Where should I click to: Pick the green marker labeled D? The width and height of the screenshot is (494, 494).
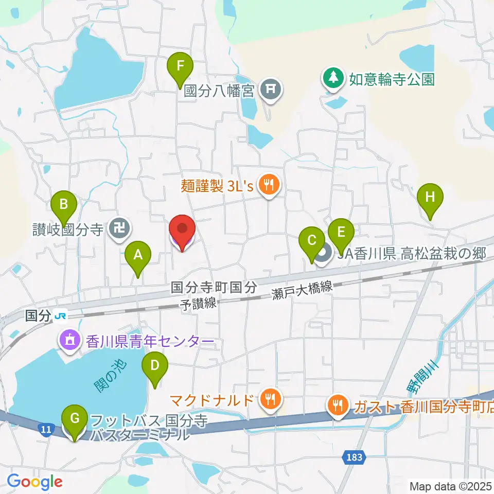pos(155,367)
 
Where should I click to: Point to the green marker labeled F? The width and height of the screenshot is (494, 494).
pos(180,67)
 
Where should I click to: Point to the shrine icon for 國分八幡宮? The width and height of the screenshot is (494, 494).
pos(271,91)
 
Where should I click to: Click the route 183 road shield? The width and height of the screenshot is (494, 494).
pos(354,456)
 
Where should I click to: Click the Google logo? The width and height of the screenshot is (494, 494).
pos(35,482)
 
